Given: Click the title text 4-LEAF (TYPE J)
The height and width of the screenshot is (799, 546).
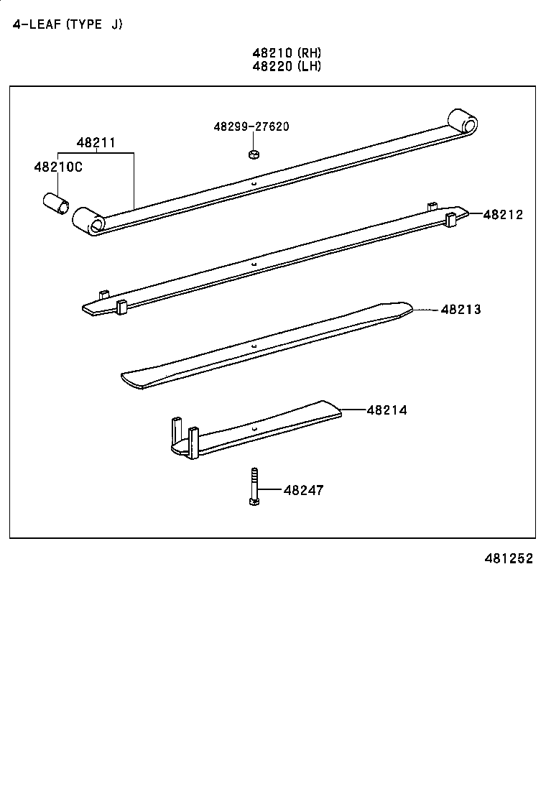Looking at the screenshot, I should [x=68, y=24].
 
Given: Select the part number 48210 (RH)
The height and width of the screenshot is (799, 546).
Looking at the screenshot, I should [x=286, y=52].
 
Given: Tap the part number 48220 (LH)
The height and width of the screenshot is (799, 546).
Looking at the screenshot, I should [x=286, y=66].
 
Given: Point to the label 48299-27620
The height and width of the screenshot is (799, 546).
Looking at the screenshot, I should [x=251, y=126].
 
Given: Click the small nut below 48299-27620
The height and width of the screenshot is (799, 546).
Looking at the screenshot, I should [x=253, y=154].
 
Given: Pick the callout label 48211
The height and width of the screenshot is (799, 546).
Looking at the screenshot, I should [x=96, y=143].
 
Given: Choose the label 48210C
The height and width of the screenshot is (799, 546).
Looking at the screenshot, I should [x=58, y=167].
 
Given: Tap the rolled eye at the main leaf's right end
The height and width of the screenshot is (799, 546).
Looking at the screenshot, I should [x=462, y=121].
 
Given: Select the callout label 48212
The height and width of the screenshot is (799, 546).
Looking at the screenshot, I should [x=503, y=214].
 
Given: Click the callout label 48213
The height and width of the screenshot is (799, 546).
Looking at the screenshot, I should [x=461, y=310].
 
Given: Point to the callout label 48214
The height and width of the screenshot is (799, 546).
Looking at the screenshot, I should [x=387, y=410].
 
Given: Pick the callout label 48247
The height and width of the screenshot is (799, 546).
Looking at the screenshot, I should [x=303, y=490].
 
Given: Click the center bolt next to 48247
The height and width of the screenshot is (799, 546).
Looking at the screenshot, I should [x=254, y=486].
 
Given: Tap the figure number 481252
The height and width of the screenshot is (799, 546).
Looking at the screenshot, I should [x=508, y=558].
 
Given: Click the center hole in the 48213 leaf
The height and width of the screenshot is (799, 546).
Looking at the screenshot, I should [x=254, y=346].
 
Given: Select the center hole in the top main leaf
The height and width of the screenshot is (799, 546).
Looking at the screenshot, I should [x=254, y=183].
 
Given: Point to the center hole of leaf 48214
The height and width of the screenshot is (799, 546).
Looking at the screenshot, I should [x=254, y=429].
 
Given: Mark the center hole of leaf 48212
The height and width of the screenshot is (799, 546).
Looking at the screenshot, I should [x=254, y=264].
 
